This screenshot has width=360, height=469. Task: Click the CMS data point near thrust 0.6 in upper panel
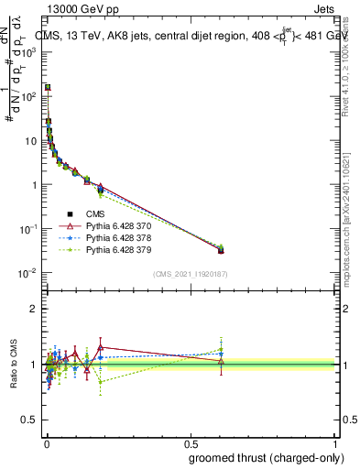pyautogui.click(x=221, y=249)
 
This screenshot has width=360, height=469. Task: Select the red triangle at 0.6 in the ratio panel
pyautogui.click(x=221, y=361)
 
